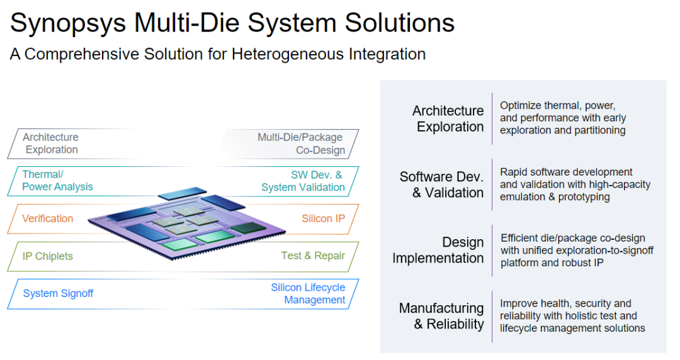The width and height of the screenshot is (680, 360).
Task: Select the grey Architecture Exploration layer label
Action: tap(51, 143)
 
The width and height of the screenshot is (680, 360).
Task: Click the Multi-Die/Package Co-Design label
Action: tap(301, 143)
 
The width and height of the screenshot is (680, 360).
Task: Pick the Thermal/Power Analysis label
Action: tap(57, 181)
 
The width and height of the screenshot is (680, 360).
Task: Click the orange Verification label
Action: tap(48, 218)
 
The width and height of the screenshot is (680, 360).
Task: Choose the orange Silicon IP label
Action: tap(323, 218)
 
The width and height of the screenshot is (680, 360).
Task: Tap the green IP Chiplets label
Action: tap(48, 256)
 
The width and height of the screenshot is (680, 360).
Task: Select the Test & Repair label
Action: tap(313, 256)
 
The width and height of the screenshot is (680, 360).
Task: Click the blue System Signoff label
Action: tap(58, 293)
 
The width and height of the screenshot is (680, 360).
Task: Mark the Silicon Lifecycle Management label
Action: tap(309, 293)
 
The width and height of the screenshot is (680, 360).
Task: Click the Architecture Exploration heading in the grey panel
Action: tap(448, 118)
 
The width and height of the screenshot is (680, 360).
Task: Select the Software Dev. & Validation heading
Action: tap(442, 184)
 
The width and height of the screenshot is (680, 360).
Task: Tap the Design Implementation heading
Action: tap(438, 250)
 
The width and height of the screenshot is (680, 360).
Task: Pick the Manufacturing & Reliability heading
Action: tap(441, 316)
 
